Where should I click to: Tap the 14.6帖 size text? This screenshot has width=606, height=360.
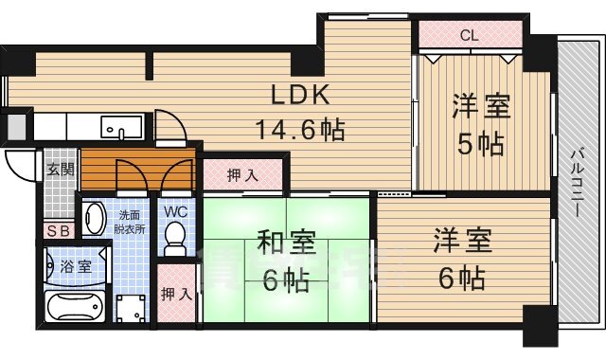click(298, 128)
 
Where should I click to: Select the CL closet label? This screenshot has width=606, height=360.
click(469, 36)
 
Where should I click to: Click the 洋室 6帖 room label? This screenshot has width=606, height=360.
click(463, 259)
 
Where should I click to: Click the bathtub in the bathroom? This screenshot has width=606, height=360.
click(77, 307)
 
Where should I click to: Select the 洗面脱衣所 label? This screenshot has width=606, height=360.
click(130, 222)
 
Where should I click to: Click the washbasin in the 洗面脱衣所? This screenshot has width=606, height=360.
click(94, 219)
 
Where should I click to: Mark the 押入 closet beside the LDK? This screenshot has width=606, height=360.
click(242, 174)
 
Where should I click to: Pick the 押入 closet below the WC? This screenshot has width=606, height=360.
click(175, 293)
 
